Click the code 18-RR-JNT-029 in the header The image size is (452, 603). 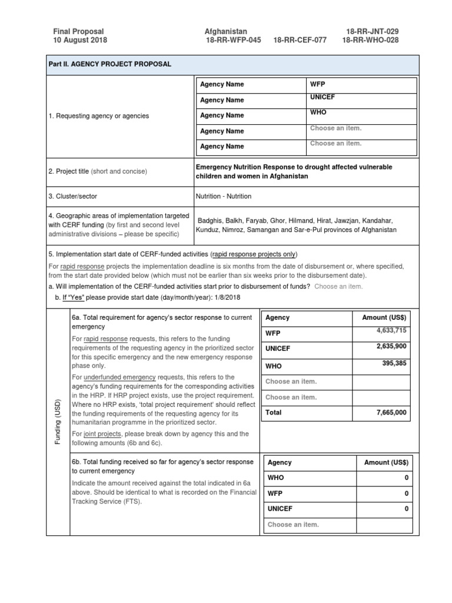click(x=377, y=31)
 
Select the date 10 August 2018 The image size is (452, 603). click(x=80, y=41)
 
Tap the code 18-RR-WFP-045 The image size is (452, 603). click(x=232, y=41)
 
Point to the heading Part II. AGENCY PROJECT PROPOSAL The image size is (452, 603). click(x=109, y=64)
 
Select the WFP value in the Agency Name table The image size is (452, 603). click(x=317, y=84)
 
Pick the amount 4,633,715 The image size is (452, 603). click(x=391, y=331)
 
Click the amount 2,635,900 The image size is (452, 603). click(x=391, y=347)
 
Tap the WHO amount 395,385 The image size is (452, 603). click(x=394, y=363)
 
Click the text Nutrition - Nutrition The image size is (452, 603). click(x=224, y=196)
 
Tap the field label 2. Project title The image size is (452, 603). click(x=68, y=171)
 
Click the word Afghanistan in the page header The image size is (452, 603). click(x=225, y=31)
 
